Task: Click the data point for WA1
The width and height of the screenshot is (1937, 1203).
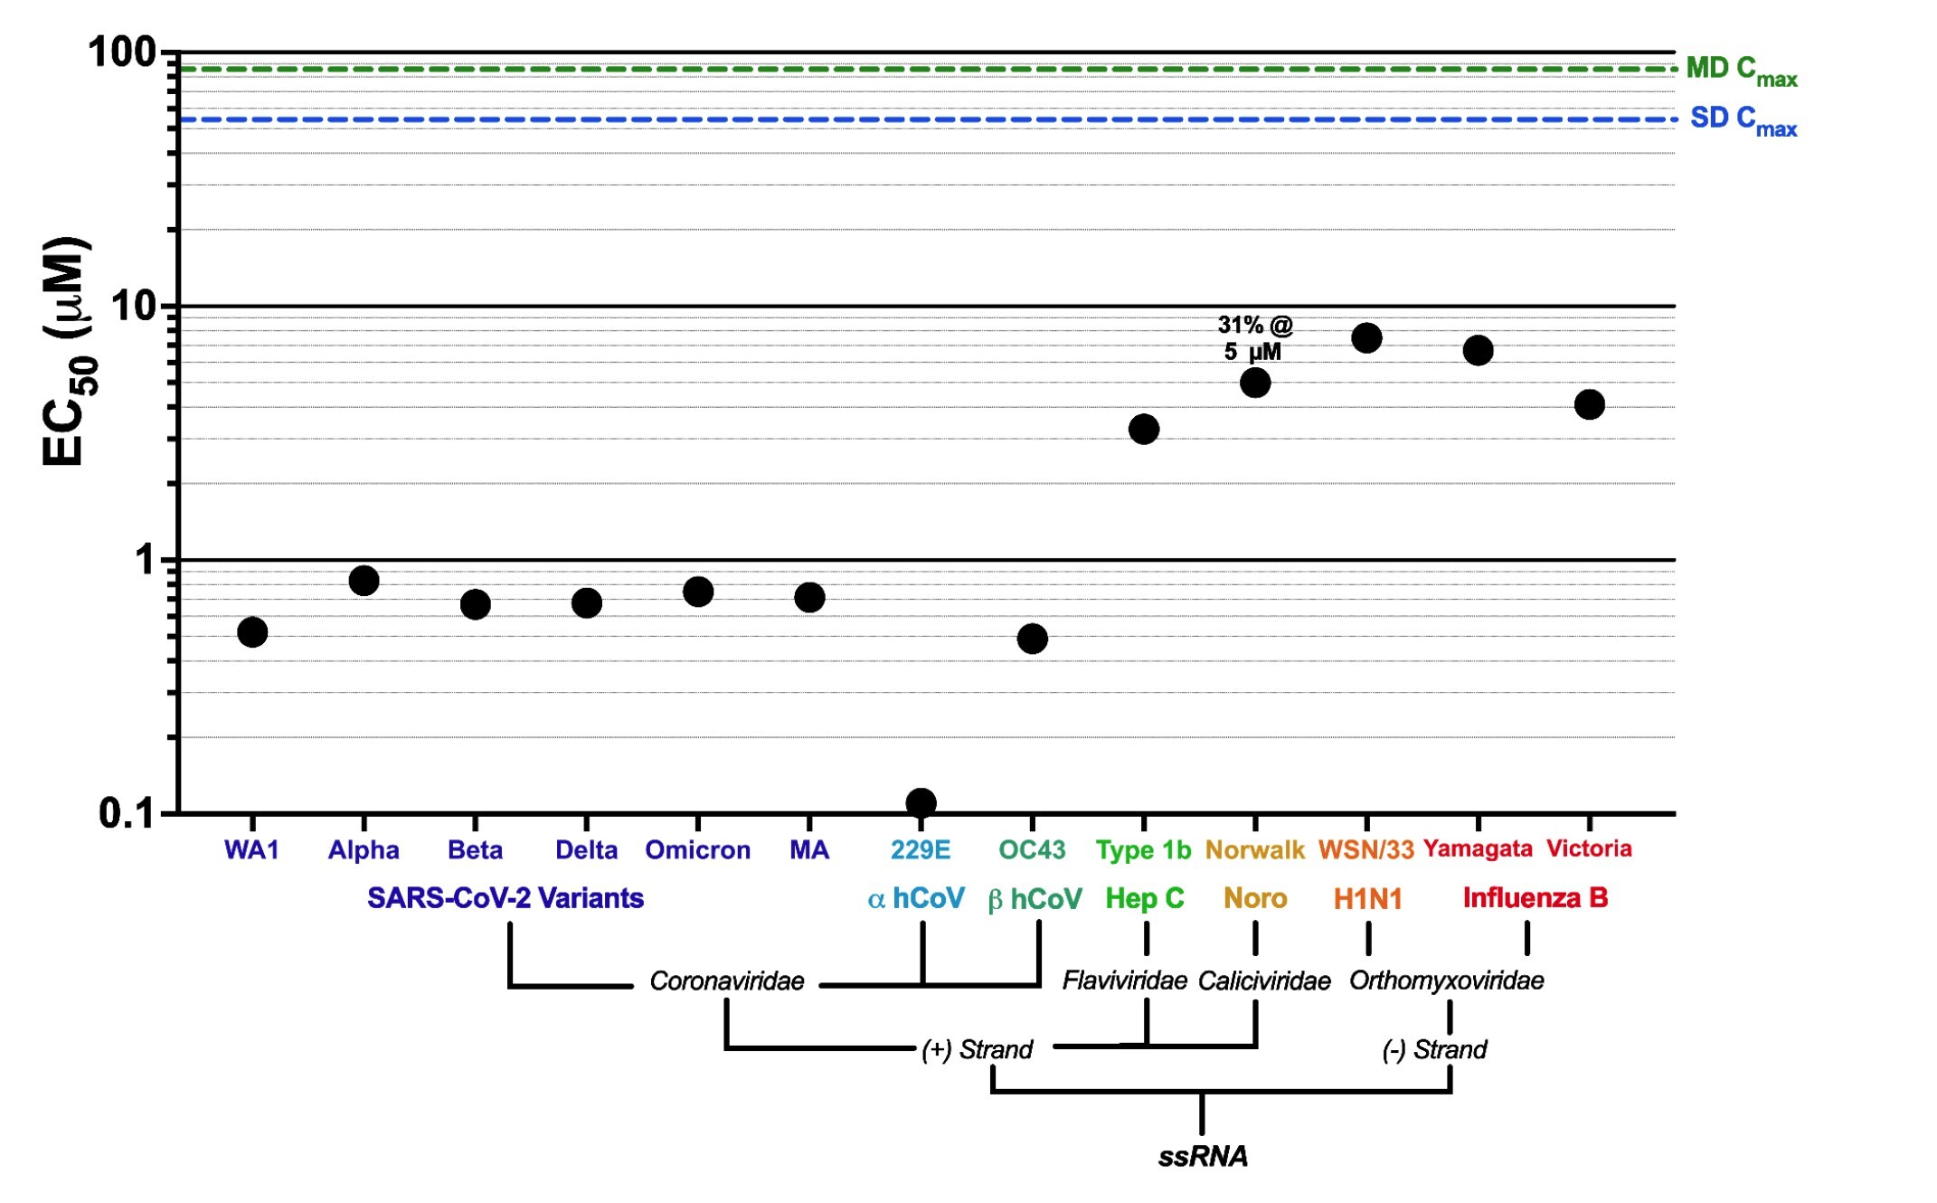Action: pyautogui.click(x=252, y=632)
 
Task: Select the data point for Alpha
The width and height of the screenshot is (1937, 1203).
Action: pyautogui.click(x=364, y=581)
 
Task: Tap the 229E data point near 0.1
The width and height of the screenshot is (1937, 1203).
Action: pyautogui.click(x=921, y=802)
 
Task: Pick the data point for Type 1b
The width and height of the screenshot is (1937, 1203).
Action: pyautogui.click(x=1144, y=429)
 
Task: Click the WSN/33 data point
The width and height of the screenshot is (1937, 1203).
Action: pyautogui.click(x=1366, y=338)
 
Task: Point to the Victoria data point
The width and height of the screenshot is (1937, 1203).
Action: pyautogui.click(x=1589, y=404)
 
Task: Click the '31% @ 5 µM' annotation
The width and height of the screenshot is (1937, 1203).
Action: pyautogui.click(x=1254, y=338)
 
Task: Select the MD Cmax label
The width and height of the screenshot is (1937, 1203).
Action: pyautogui.click(x=1741, y=71)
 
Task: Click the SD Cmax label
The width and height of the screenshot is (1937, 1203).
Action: pyautogui.click(x=1743, y=120)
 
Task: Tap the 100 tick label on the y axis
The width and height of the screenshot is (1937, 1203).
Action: pyautogui.click(x=123, y=52)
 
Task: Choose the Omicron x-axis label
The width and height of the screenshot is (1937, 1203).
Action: pyautogui.click(x=697, y=850)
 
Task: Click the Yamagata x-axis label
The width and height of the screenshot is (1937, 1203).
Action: pyautogui.click(x=1478, y=848)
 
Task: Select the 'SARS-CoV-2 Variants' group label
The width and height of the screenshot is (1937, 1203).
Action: pyautogui.click(x=505, y=898)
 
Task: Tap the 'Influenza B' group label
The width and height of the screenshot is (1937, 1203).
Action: pyautogui.click(x=1535, y=898)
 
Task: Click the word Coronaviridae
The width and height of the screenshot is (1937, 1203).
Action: pyautogui.click(x=726, y=981)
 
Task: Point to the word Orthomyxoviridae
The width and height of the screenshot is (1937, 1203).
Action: pyautogui.click(x=1446, y=980)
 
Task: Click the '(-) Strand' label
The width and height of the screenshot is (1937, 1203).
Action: pyautogui.click(x=1434, y=1049)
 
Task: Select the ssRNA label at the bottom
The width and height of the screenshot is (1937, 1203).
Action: pyautogui.click(x=1203, y=1156)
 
